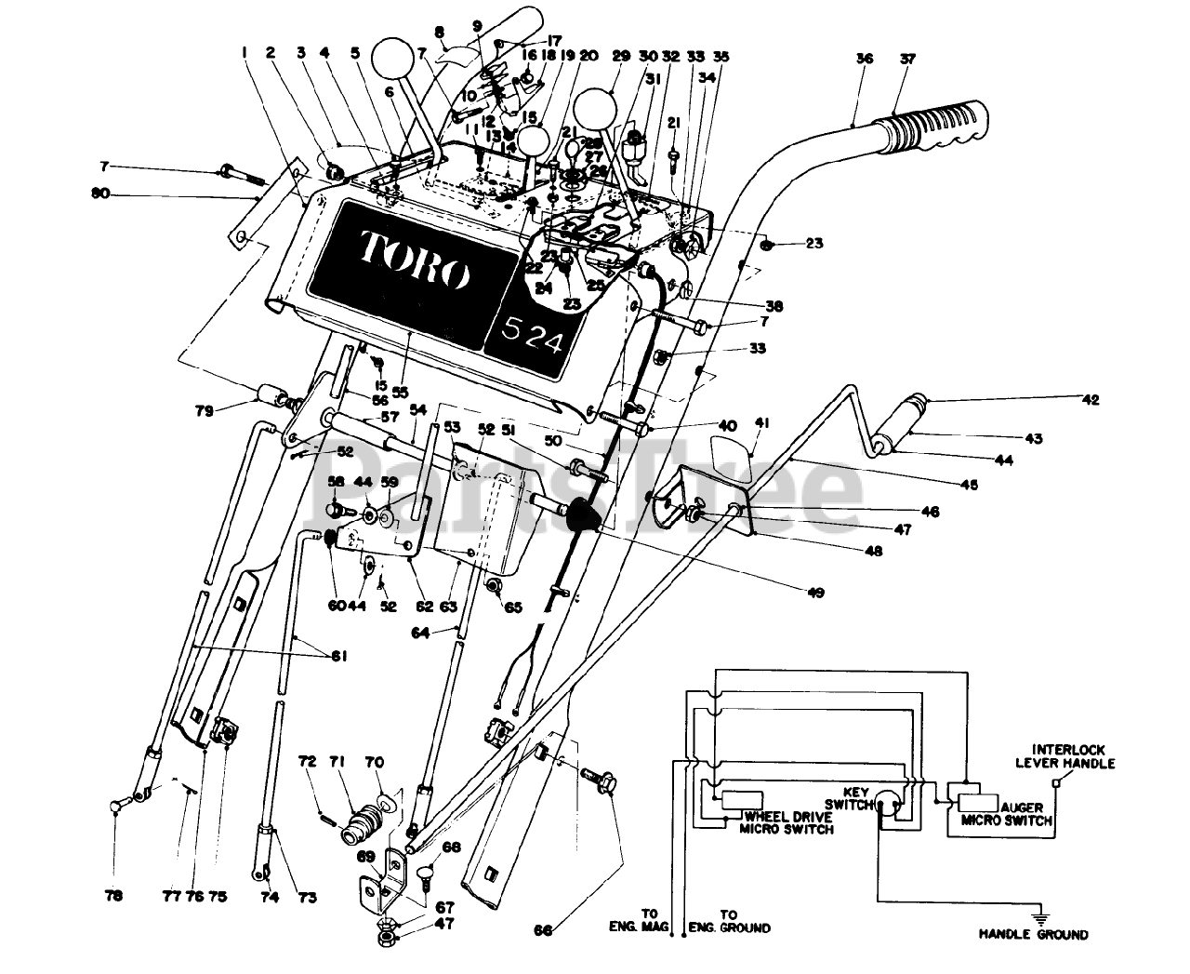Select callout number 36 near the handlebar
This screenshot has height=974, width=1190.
(865, 58)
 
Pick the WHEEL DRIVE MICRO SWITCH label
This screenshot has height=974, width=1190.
(787, 822)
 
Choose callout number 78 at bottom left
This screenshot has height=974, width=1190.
(113, 897)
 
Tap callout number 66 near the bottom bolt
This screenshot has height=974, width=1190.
(546, 927)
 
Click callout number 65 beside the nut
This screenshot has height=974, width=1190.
(513, 607)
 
